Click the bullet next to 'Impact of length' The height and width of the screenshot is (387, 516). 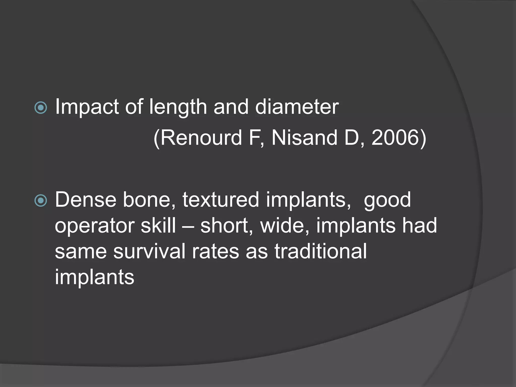41,108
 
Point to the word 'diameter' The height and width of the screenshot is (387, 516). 297,107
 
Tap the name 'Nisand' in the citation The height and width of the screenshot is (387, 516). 304,138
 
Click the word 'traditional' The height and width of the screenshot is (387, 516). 320,251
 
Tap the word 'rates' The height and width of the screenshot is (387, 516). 215,252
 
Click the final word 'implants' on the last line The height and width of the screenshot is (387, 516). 94,277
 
